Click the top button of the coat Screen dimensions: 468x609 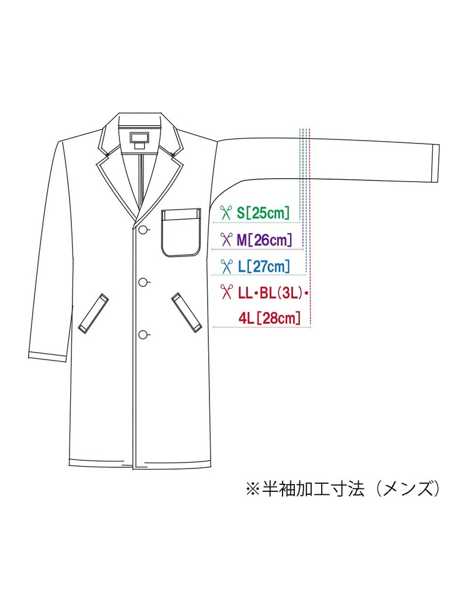coord(144,230)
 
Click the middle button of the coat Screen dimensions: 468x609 coord(143,282)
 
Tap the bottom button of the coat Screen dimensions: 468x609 coord(143,334)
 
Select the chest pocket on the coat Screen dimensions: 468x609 coord(181,232)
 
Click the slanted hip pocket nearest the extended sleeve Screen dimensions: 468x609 coord(186,312)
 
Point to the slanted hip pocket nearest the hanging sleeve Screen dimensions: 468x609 coord(93,313)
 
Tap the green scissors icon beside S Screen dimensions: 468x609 coord(225,213)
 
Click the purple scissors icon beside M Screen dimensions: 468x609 coord(225,240)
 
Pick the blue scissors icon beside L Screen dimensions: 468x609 coord(225,266)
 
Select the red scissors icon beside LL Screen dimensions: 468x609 coord(225,292)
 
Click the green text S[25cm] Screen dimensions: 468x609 coord(263,213)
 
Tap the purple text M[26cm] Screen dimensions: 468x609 coord(264,240)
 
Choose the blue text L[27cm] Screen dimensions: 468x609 coord(264,266)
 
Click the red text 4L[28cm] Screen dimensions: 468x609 coord(269,319)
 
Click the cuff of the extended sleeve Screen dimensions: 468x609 coord(436,163)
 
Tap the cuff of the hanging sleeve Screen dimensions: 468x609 coord(48,357)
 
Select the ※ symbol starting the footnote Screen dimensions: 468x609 coord(253,489)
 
